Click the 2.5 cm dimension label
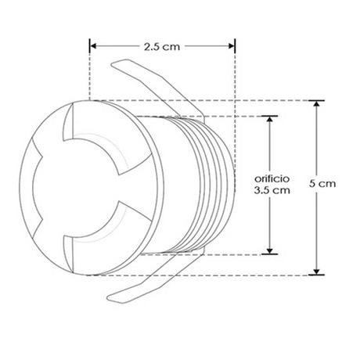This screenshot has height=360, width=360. click(x=162, y=47)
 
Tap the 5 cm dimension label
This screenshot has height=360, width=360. click(x=322, y=184)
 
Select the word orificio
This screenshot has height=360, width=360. click(x=272, y=178)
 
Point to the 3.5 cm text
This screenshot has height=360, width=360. click(x=272, y=190)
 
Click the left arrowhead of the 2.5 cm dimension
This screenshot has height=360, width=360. click(x=93, y=46)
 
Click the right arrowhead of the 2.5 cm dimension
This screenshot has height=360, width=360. click(x=232, y=46)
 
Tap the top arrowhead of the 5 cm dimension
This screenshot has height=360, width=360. click(x=316, y=103)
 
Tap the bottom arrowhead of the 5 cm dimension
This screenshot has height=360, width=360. click(x=316, y=272)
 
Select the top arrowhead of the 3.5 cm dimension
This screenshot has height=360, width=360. click(x=270, y=119)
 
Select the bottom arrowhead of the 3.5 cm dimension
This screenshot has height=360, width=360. click(x=270, y=250)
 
